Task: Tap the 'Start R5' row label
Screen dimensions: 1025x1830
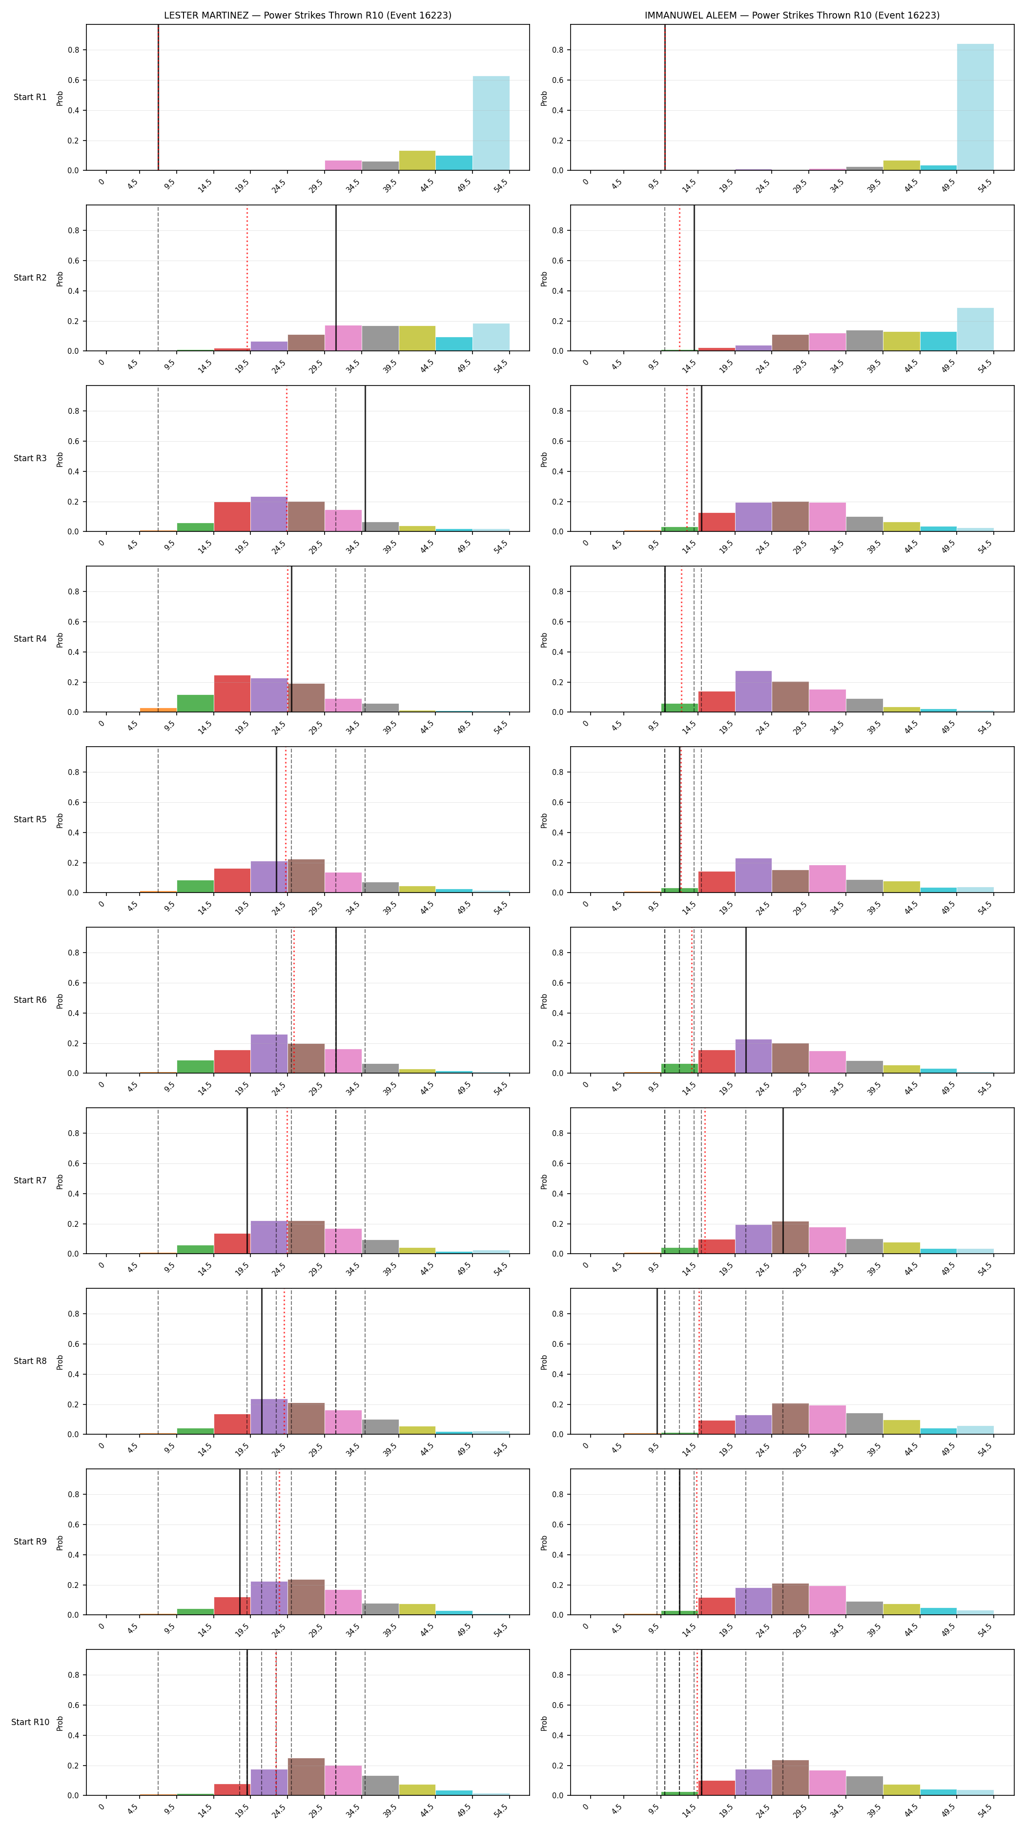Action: [x=30, y=819]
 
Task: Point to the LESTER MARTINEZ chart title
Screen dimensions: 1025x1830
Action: [x=307, y=15]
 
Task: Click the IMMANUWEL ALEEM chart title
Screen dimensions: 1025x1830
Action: [x=792, y=15]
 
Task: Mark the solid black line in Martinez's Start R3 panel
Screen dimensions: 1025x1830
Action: [x=365, y=458]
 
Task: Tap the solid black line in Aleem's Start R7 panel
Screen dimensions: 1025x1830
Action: [x=783, y=1180]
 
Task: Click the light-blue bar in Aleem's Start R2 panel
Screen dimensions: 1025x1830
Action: [x=975, y=329]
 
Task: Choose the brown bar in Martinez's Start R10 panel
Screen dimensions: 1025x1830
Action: [x=306, y=1777]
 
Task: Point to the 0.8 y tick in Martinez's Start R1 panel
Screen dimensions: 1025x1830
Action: [x=74, y=50]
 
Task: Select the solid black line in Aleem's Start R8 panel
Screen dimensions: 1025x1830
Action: [x=657, y=1361]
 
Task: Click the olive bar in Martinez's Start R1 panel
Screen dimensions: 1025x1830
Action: [x=417, y=161]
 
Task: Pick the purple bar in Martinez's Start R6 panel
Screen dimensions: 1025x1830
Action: [x=269, y=1054]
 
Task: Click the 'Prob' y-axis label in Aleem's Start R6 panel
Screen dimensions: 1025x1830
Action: [x=544, y=1000]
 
